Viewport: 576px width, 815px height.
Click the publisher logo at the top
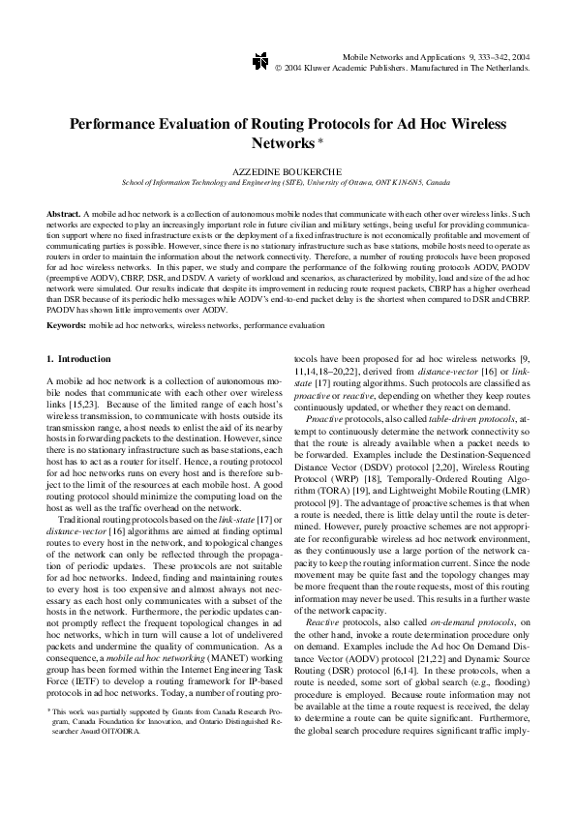258,63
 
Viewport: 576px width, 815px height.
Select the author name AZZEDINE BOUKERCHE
288,170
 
